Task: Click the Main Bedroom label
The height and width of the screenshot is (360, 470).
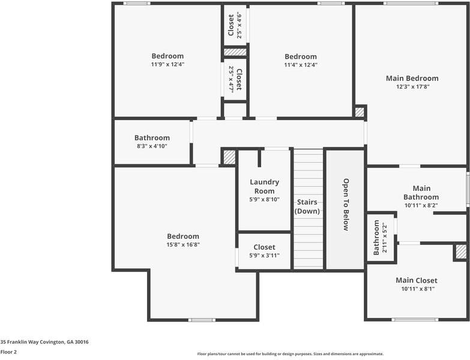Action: (412, 78)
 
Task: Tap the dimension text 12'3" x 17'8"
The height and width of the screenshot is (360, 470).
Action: (412, 86)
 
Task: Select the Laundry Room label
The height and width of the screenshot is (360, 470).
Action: (264, 187)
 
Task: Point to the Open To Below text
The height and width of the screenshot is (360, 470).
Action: (346, 205)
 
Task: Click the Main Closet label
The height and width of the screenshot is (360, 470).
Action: (416, 280)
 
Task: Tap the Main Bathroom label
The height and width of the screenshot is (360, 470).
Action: (421, 193)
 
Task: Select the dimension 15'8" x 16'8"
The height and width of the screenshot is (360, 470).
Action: (183, 245)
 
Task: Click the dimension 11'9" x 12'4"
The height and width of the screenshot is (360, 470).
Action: (167, 64)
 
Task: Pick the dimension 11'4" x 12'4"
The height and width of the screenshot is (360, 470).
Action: (301, 65)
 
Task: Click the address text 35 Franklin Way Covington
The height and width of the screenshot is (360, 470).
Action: (44, 341)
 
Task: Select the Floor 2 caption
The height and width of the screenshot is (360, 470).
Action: (8, 352)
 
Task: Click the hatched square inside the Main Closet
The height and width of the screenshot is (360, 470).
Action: (460, 252)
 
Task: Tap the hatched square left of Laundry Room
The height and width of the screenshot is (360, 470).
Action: (229, 157)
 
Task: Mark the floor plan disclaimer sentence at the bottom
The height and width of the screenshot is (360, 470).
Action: (291, 354)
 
